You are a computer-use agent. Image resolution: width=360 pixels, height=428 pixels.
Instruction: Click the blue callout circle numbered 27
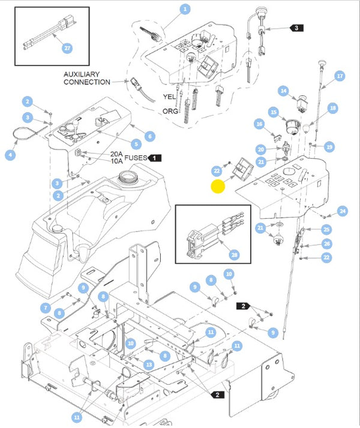(67, 47)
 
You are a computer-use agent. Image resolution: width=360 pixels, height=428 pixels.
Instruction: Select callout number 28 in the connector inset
(235, 255)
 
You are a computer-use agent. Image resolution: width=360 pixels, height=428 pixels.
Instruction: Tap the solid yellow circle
(218, 186)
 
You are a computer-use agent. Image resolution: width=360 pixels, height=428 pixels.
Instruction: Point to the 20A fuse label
(116, 154)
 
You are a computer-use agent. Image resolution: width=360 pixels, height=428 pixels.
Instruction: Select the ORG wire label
(169, 111)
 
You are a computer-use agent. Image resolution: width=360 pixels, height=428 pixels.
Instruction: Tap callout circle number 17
(340, 76)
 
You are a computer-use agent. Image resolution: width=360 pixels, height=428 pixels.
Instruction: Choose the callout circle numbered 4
(10, 155)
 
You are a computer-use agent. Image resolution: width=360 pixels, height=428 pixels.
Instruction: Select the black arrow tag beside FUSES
(155, 158)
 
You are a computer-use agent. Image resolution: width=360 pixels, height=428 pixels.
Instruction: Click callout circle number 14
(283, 91)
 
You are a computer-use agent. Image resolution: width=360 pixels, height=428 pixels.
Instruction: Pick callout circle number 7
(46, 308)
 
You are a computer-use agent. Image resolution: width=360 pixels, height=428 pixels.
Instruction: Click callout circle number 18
(333, 108)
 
